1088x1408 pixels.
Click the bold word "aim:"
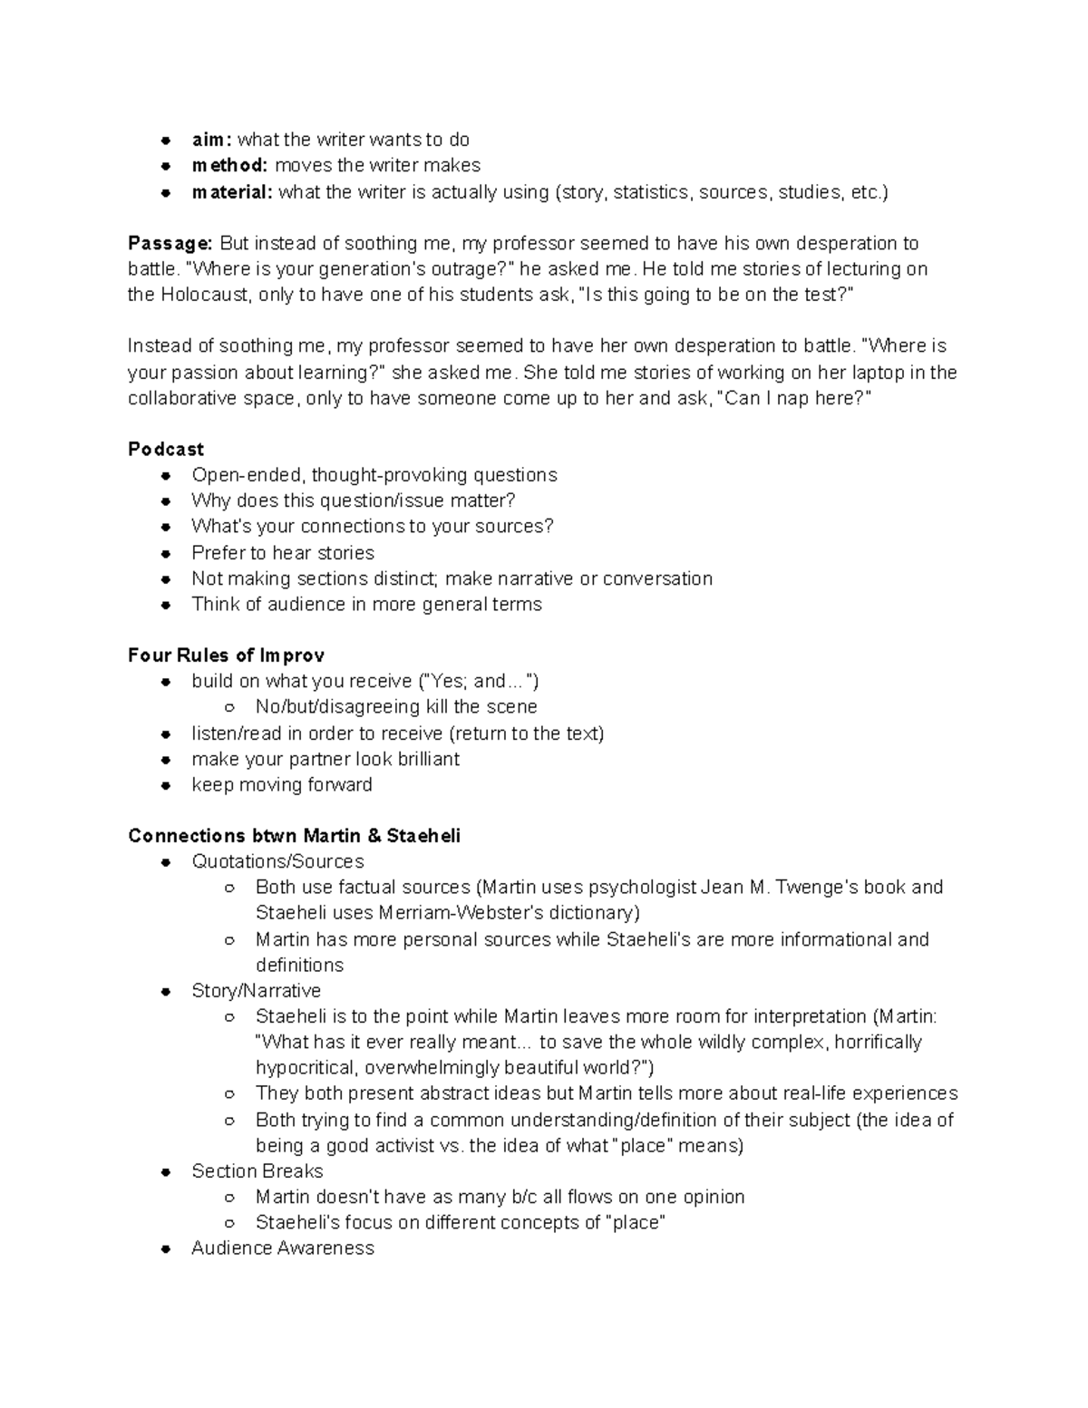pyautogui.click(x=211, y=140)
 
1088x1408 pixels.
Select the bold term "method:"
pyautogui.click(x=229, y=165)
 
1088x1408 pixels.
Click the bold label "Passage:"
pyautogui.click(x=170, y=243)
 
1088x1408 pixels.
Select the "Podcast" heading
pyautogui.click(x=166, y=449)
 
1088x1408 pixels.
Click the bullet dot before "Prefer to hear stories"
pyautogui.click(x=166, y=553)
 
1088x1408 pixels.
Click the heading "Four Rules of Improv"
pyautogui.click(x=226, y=655)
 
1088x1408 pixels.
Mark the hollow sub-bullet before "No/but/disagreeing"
pyautogui.click(x=230, y=707)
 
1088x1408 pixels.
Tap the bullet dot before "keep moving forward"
pyautogui.click(x=166, y=785)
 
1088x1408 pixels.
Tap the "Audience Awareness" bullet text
pyautogui.click(x=283, y=1248)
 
